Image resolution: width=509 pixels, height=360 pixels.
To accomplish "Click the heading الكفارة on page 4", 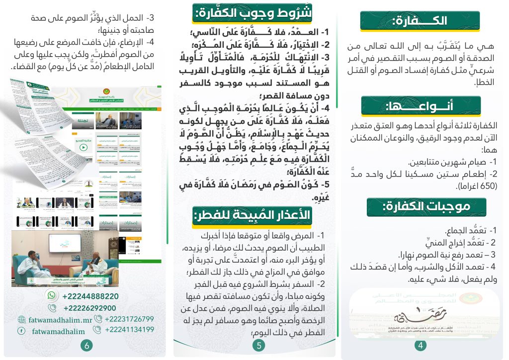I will tap(420, 21).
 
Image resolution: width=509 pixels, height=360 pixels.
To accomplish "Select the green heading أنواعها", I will tap(420, 106).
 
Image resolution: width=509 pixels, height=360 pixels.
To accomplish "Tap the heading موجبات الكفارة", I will tap(420, 207).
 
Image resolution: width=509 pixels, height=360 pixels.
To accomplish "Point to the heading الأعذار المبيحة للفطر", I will tap(253, 215).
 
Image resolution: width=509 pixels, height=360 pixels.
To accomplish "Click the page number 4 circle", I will tap(421, 345).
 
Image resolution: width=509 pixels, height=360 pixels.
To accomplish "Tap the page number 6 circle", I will tap(86, 345).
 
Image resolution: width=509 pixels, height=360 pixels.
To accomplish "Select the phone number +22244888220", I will tap(90, 296).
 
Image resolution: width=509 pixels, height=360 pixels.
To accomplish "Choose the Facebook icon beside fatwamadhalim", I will tap(22, 331).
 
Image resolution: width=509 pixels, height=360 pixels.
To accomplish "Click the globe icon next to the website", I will tap(22, 319).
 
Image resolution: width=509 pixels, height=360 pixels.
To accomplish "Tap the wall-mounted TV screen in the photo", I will tap(65, 243).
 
